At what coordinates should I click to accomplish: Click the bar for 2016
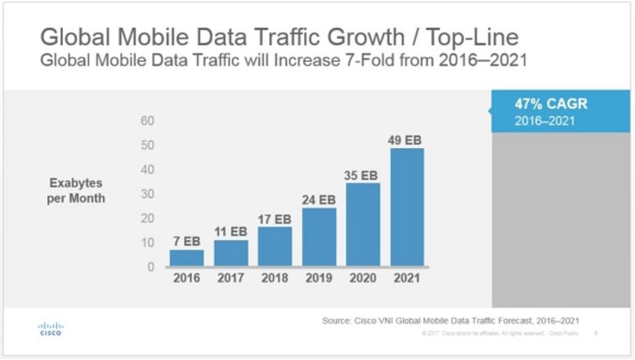coord(186,258)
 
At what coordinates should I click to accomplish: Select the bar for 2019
coord(319,237)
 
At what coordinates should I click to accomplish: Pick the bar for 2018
coord(275,246)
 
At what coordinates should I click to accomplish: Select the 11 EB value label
coord(230,232)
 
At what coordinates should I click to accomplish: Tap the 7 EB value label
coord(186,243)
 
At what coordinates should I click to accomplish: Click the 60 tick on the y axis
coord(147,121)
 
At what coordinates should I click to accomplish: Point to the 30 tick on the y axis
coord(147,193)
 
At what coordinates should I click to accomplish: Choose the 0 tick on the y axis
coord(150,266)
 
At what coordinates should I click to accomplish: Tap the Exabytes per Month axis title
coord(77,190)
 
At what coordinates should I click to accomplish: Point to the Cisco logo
coord(51,329)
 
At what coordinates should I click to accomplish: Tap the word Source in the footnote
coord(336,320)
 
